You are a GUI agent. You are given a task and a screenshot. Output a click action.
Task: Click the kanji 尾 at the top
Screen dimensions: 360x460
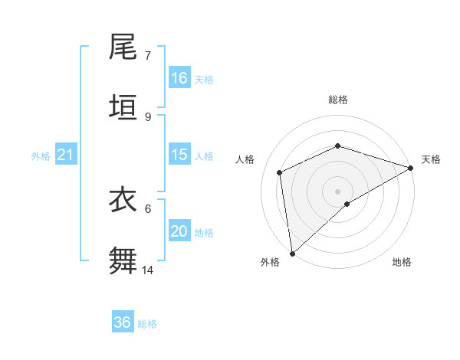click(x=123, y=48)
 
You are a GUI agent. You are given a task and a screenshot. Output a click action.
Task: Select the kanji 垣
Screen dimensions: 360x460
click(x=123, y=108)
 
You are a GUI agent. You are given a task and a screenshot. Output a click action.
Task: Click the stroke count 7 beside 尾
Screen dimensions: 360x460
click(x=147, y=56)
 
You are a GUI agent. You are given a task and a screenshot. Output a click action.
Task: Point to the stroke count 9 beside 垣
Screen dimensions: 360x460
click(x=147, y=116)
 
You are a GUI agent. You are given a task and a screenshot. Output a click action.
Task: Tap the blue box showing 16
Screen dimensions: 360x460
click(x=179, y=78)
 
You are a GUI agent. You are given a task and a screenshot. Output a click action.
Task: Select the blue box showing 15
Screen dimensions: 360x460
click(x=179, y=155)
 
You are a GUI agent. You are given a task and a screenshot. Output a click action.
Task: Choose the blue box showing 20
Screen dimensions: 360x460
click(x=179, y=231)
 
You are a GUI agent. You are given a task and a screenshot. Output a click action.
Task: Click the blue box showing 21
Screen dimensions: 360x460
click(x=66, y=155)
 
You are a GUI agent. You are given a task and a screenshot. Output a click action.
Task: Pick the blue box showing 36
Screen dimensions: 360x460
click(x=123, y=322)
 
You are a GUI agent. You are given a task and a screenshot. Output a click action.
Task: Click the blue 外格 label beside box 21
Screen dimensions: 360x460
click(x=41, y=156)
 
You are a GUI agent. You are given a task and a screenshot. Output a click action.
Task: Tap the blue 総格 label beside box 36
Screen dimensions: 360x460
click(x=147, y=324)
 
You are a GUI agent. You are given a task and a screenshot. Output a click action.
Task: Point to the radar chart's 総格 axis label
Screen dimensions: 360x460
click(x=337, y=100)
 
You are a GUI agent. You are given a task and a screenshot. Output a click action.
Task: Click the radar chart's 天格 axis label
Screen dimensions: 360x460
click(x=431, y=159)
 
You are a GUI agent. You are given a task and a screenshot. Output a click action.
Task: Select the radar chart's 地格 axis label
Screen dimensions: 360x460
click(x=402, y=263)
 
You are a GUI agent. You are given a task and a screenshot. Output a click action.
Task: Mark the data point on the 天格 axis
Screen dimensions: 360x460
click(x=411, y=168)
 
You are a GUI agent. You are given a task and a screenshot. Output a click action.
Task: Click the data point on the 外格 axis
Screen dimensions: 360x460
click(x=292, y=253)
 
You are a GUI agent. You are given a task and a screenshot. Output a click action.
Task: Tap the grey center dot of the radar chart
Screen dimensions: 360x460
click(x=337, y=191)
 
